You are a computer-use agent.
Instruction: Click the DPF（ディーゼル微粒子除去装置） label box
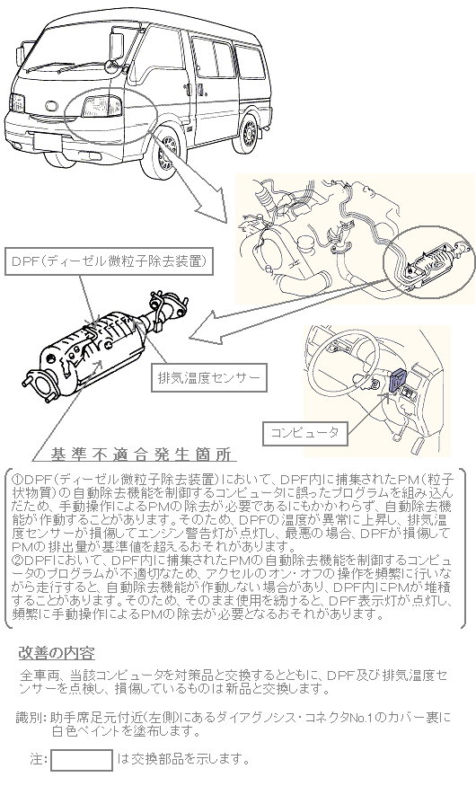click(x=109, y=261)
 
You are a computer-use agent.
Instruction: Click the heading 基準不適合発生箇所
click(x=141, y=455)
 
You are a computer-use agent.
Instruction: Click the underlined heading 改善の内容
click(x=57, y=654)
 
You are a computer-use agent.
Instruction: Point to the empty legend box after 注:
click(x=82, y=760)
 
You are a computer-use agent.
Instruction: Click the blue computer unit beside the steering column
click(x=399, y=381)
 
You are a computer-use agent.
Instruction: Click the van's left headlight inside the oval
click(x=102, y=106)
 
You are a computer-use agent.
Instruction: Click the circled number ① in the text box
click(x=15, y=480)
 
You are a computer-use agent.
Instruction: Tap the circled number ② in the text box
click(x=15, y=559)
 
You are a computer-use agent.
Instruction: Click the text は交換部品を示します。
click(x=183, y=759)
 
